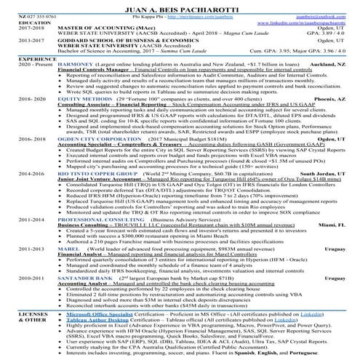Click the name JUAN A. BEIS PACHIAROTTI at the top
point(180,5)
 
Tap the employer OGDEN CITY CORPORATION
point(75,158)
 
